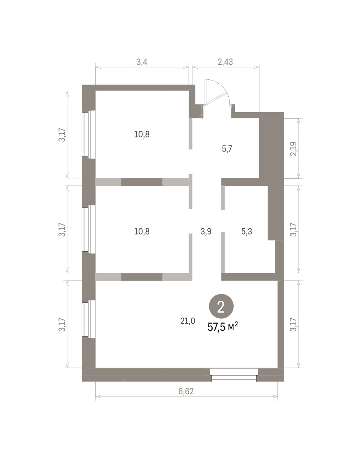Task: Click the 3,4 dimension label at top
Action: [142, 62]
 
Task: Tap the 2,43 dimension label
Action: [225, 62]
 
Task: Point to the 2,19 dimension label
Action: [293, 149]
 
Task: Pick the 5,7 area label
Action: [227, 149]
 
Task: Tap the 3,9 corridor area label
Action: [206, 232]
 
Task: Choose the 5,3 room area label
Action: [247, 232]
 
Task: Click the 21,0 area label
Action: [187, 321]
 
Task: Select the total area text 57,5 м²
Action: [223, 327]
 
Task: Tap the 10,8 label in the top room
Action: [142, 134]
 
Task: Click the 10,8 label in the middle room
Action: [142, 232]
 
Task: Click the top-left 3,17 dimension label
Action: [62, 135]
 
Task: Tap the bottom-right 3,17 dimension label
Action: [293, 324]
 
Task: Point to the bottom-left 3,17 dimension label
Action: [62, 324]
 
